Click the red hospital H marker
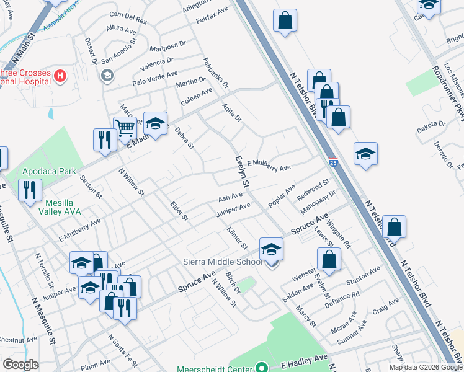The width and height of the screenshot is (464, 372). click(x=60, y=76)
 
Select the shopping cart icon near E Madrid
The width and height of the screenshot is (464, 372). click(x=125, y=128)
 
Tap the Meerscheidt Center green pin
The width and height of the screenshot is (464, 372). click(x=262, y=367)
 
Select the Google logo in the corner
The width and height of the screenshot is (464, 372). click(x=20, y=365)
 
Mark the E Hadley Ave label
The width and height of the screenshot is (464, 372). click(x=304, y=359)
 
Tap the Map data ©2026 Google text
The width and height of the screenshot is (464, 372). click(x=426, y=367)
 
